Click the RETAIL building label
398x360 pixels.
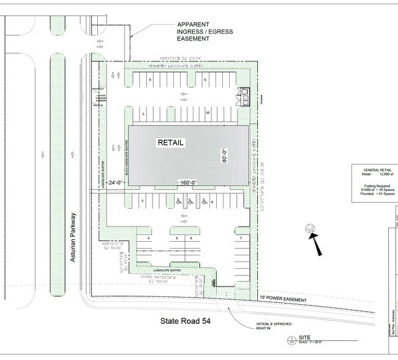(x=171, y=142)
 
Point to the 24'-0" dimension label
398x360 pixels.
(x=115, y=182)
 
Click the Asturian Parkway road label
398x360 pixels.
(x=73, y=238)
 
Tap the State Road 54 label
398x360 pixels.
(x=186, y=321)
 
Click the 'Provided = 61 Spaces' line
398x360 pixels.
(x=378, y=193)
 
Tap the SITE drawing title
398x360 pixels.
(x=304, y=337)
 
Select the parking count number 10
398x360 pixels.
(x=208, y=113)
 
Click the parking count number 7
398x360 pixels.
(x=241, y=238)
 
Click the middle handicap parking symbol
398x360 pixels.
(x=190, y=201)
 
